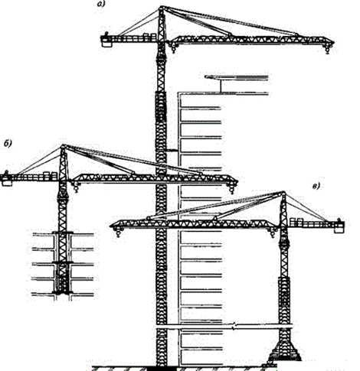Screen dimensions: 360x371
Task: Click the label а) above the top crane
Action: (x=101, y=4)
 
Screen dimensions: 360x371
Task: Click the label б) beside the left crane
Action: (x=8, y=144)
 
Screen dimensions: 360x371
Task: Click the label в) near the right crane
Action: (x=316, y=187)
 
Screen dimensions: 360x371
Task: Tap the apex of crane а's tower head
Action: (x=162, y=7)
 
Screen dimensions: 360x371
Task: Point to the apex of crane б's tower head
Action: (x=63, y=146)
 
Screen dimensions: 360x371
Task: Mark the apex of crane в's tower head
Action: (x=283, y=193)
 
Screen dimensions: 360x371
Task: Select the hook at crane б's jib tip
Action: (x=231, y=189)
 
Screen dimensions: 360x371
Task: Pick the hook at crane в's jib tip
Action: (x=118, y=233)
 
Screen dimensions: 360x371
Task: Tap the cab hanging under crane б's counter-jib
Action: (x=6, y=183)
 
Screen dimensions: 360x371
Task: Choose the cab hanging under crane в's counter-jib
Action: (x=339, y=229)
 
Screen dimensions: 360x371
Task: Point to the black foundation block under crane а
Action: (x=162, y=369)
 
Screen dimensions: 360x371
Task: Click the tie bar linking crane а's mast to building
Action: (x=172, y=150)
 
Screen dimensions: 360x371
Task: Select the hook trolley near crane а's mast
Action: (x=173, y=47)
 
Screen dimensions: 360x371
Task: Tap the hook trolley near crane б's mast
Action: (x=76, y=187)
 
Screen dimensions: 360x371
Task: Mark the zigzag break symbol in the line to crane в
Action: (x=234, y=326)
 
